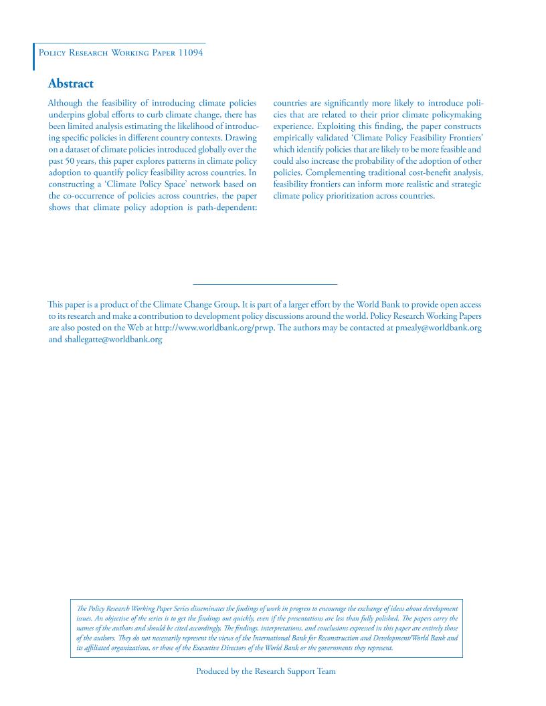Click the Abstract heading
coord(71,84)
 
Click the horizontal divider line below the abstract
coord(265,285)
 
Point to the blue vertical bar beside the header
coord(34,56)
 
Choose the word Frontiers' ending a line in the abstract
coord(461,138)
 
